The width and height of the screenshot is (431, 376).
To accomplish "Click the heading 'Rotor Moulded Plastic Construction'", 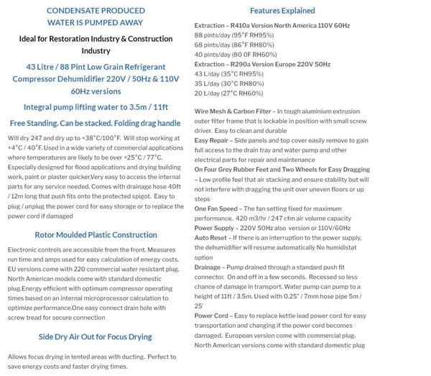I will pyautogui.click(x=96, y=234).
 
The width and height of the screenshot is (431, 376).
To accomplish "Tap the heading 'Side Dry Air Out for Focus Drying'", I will pyautogui.click(x=96, y=336).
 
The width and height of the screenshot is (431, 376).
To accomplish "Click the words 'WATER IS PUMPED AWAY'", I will pyautogui.click(x=96, y=22).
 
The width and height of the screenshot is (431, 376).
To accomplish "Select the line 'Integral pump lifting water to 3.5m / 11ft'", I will pyautogui.click(x=96, y=105).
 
